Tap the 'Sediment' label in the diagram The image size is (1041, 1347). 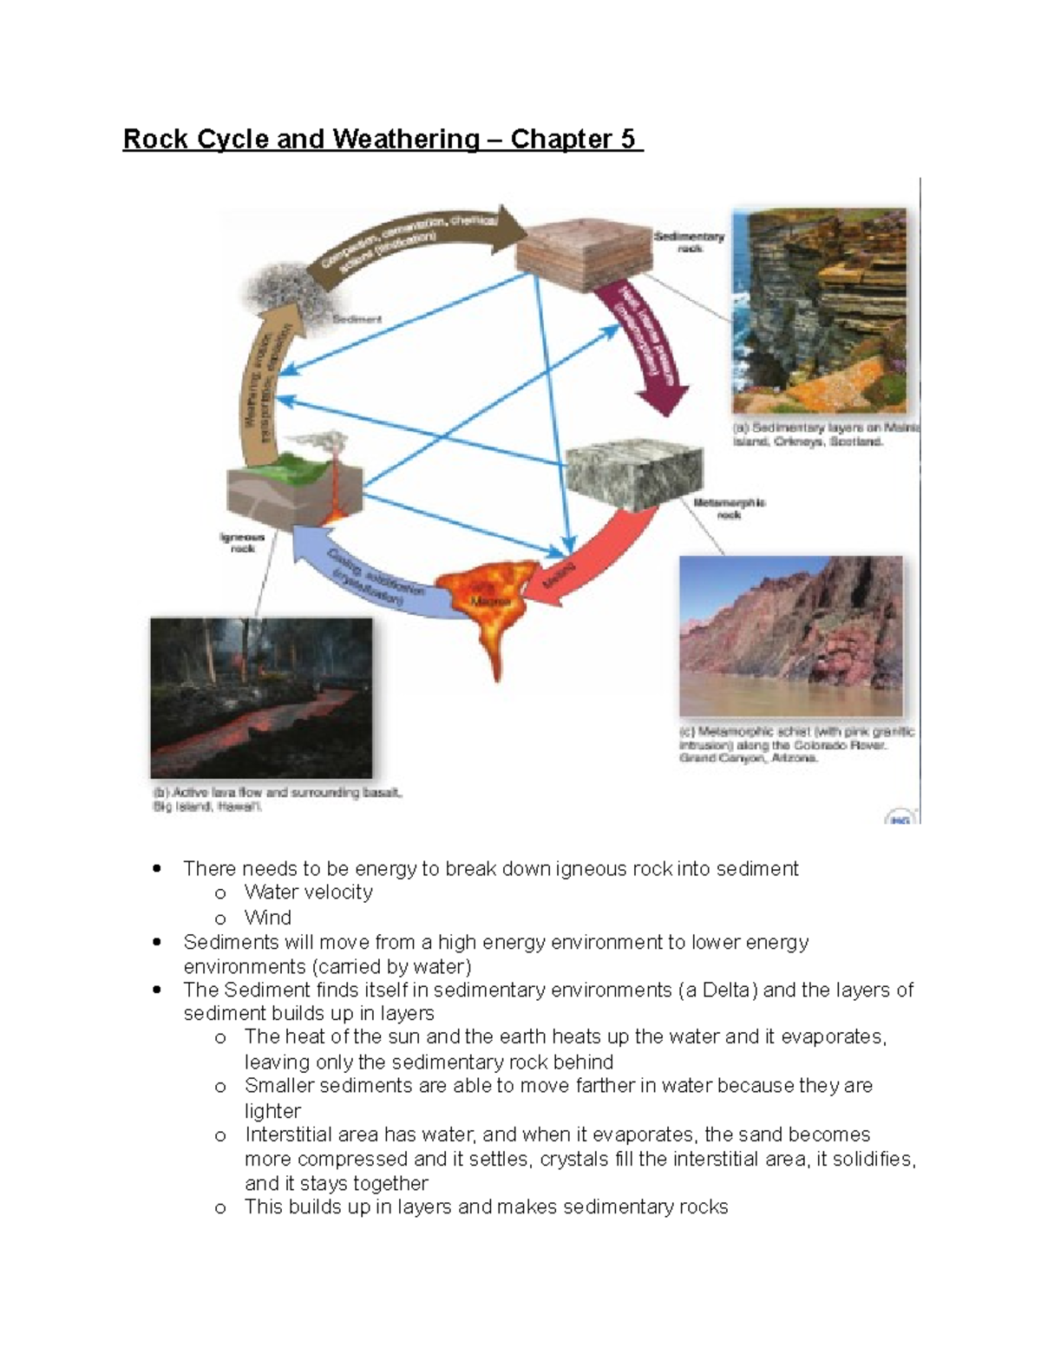[357, 319]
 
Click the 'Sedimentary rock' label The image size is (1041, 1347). [690, 242]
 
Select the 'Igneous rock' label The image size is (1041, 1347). [242, 543]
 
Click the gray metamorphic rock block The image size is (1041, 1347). [633, 477]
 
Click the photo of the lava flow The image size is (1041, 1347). [261, 698]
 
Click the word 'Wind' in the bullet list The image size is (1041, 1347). [268, 918]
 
